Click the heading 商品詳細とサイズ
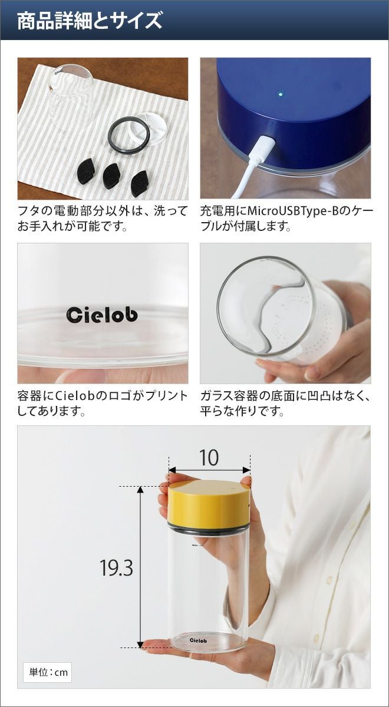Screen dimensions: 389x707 90,21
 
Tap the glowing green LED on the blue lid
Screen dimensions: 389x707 281,94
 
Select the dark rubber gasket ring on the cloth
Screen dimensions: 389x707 128,135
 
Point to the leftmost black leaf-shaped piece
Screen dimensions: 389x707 86,170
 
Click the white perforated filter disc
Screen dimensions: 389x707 149,130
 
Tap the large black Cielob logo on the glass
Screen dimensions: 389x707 102,315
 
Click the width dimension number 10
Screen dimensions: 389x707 209,458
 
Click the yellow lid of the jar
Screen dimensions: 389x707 209,503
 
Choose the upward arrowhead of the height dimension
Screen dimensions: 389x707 140,490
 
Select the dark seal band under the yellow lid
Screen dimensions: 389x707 209,528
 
